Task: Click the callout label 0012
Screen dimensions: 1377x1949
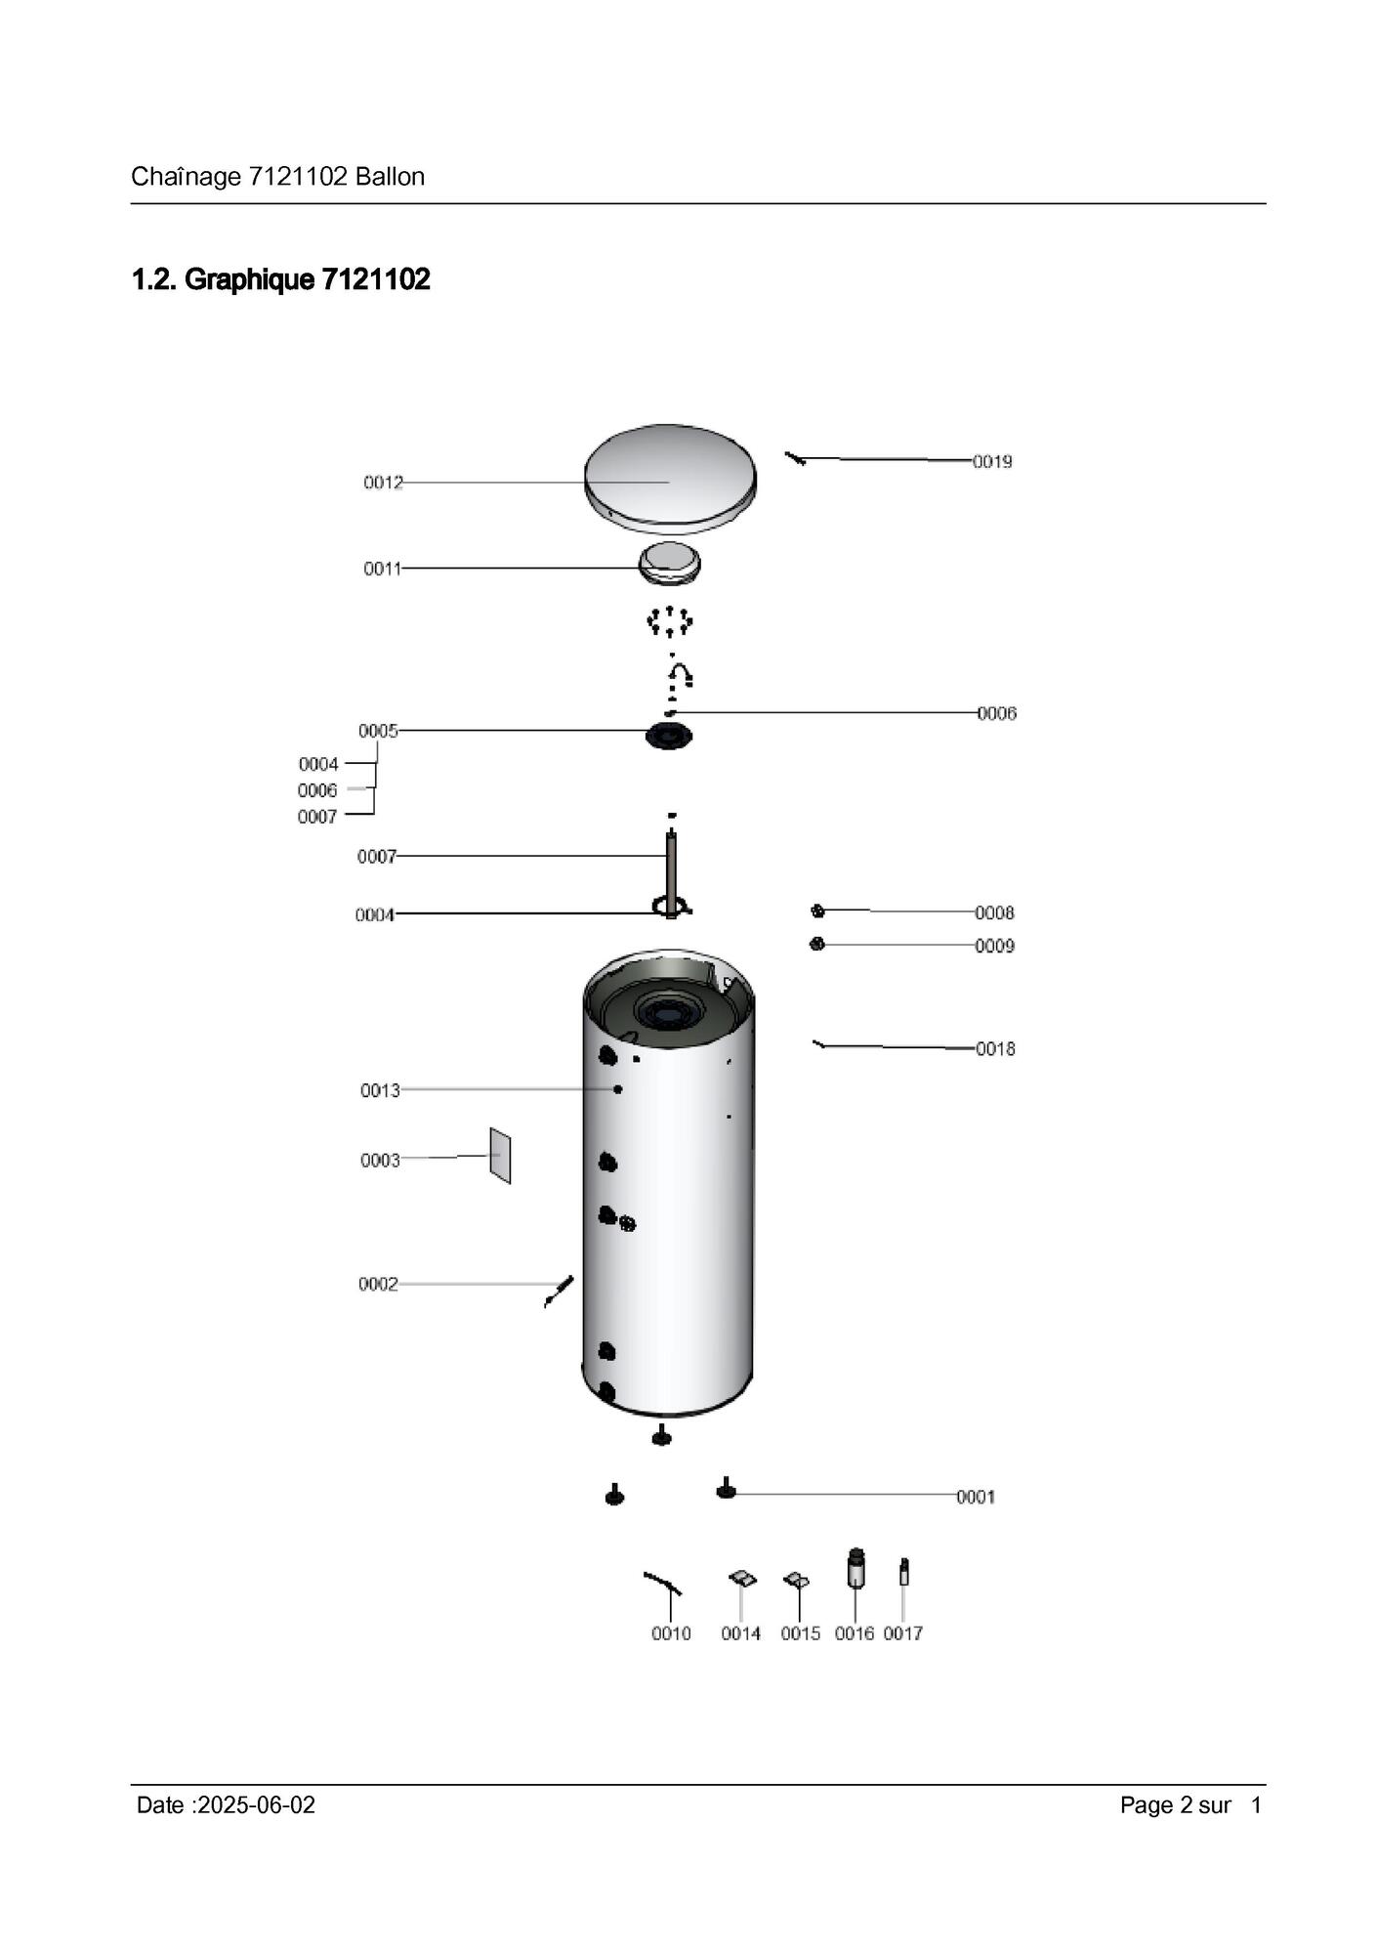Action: pyautogui.click(x=383, y=483)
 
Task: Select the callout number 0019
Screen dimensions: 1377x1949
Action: pyautogui.click(x=992, y=462)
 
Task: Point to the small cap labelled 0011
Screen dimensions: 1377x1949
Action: pyautogui.click(x=670, y=564)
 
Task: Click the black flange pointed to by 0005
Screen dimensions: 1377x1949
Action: pyautogui.click(x=669, y=735)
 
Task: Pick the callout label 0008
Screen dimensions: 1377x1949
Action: pyautogui.click(x=994, y=913)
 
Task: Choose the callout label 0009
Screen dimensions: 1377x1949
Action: pyautogui.click(x=994, y=947)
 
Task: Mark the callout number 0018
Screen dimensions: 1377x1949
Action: pyautogui.click(x=995, y=1049)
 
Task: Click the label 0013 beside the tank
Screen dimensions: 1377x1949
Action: pyautogui.click(x=380, y=1091)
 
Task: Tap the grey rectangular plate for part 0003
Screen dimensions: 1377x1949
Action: pyautogui.click(x=500, y=1156)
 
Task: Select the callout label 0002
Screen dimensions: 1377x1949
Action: pyautogui.click(x=378, y=1285)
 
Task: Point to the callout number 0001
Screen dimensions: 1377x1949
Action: pyautogui.click(x=976, y=1498)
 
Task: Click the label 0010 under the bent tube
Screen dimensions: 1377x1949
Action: pyautogui.click(x=671, y=1634)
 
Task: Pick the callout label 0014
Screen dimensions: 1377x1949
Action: pyautogui.click(x=741, y=1634)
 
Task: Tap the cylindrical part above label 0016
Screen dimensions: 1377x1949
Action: pyautogui.click(x=856, y=1570)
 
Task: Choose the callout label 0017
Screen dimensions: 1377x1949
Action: pyautogui.click(x=903, y=1634)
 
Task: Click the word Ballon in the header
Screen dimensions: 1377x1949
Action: pyautogui.click(x=390, y=177)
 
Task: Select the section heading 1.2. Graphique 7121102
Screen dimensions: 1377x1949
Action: pyautogui.click(x=281, y=280)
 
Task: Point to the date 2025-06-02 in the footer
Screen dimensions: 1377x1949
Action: pyautogui.click(x=256, y=1805)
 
